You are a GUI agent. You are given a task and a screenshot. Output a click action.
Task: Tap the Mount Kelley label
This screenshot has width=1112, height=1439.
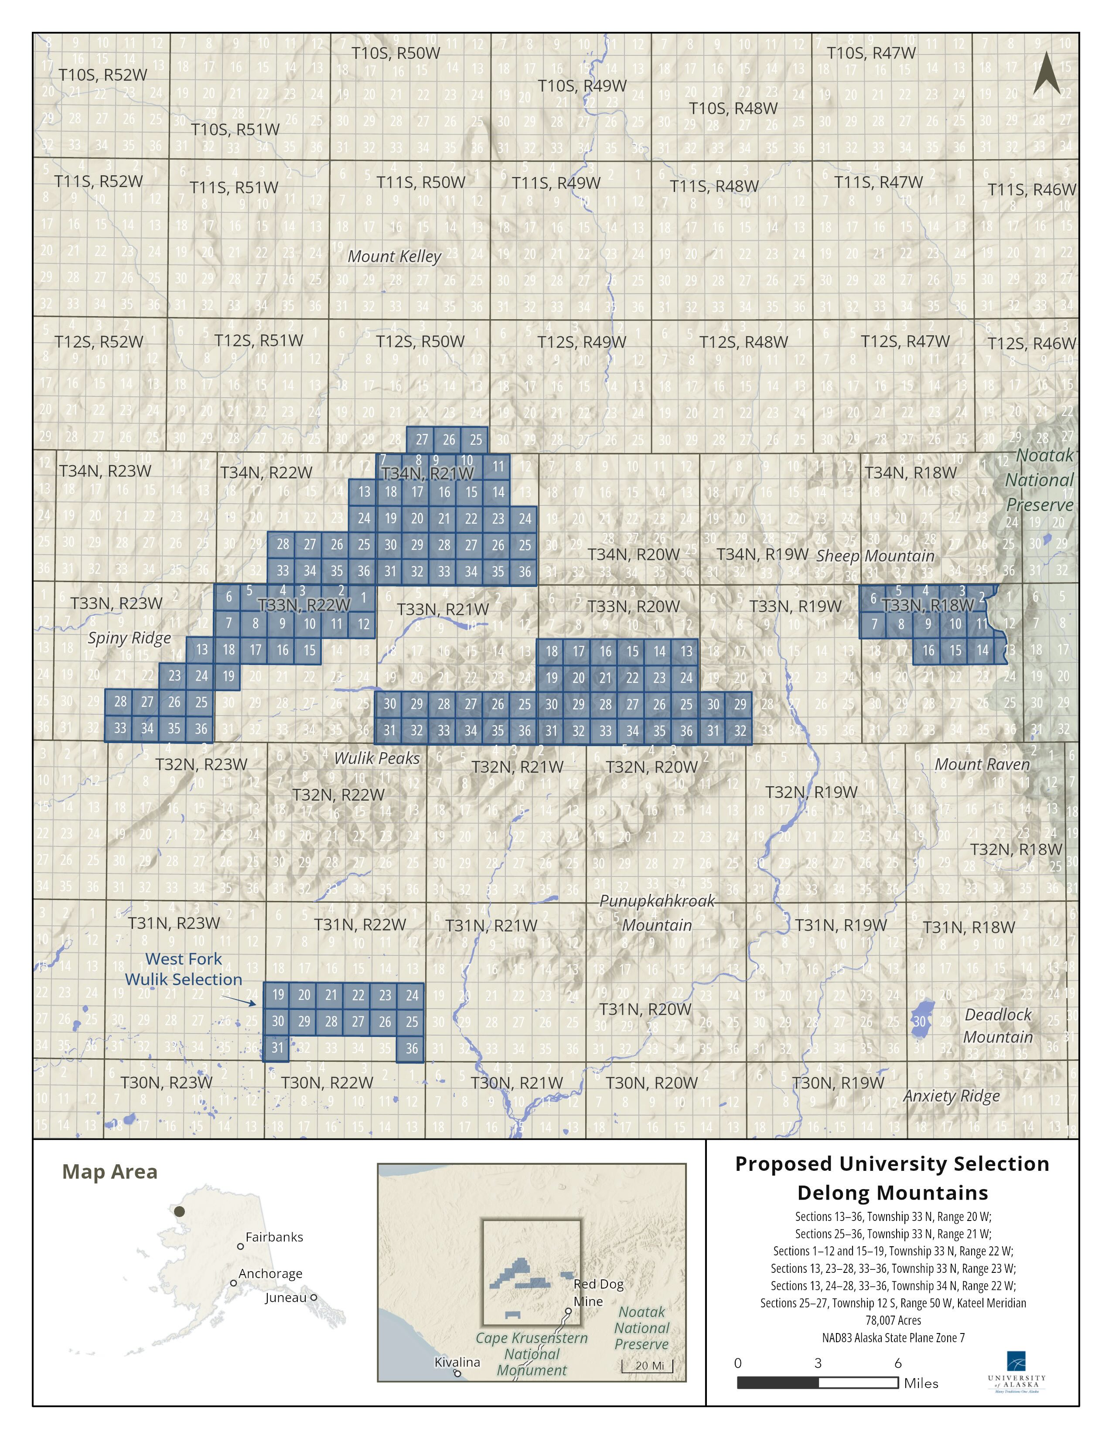(x=394, y=256)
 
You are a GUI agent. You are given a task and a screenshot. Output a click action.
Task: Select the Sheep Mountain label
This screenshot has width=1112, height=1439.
(x=875, y=556)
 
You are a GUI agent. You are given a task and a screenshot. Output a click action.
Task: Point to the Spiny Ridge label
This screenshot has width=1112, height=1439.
(x=129, y=638)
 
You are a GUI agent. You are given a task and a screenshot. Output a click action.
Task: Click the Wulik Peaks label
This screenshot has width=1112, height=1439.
(x=377, y=758)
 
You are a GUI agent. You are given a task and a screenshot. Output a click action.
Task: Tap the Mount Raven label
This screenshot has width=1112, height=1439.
(x=982, y=764)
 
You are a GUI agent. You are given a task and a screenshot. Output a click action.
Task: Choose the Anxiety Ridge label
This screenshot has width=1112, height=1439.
(x=951, y=1096)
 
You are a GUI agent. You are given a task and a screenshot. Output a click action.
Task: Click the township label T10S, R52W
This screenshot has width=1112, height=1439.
(x=103, y=75)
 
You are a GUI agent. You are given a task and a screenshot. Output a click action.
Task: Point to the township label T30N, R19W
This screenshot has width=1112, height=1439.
(x=838, y=1083)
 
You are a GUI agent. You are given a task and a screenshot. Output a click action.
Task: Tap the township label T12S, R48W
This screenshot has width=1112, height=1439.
(x=743, y=342)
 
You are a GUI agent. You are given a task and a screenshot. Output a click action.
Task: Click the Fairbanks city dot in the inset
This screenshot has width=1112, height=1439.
(x=240, y=1247)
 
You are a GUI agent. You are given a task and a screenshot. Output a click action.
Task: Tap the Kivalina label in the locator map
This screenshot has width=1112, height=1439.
(x=457, y=1362)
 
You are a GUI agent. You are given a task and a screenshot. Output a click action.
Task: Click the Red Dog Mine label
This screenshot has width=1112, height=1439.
(x=597, y=1293)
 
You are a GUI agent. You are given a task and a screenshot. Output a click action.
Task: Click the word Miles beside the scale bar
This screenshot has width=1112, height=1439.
(x=921, y=1383)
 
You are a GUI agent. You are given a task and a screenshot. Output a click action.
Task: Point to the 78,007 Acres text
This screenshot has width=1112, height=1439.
(x=893, y=1320)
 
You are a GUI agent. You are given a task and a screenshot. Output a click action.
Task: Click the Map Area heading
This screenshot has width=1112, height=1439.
(x=110, y=1172)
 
